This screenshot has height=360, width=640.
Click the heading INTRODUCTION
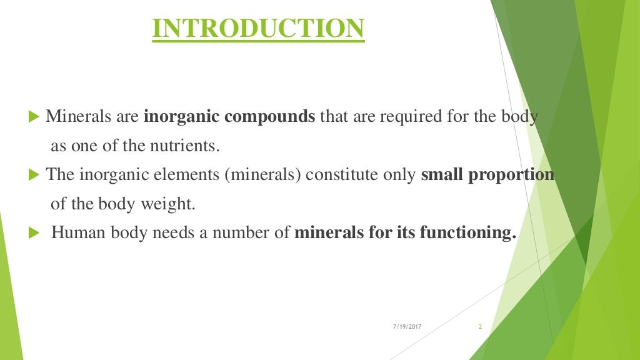pyautogui.click(x=258, y=29)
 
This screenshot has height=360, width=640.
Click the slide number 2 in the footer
pyautogui.click(x=480, y=327)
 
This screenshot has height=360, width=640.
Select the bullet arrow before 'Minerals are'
pyautogui.click(x=34, y=117)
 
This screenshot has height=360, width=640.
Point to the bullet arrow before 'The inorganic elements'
pyautogui.click(x=34, y=175)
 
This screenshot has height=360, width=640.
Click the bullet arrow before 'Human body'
pyautogui.click(x=34, y=234)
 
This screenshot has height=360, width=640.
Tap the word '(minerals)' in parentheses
pyautogui.click(x=265, y=175)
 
